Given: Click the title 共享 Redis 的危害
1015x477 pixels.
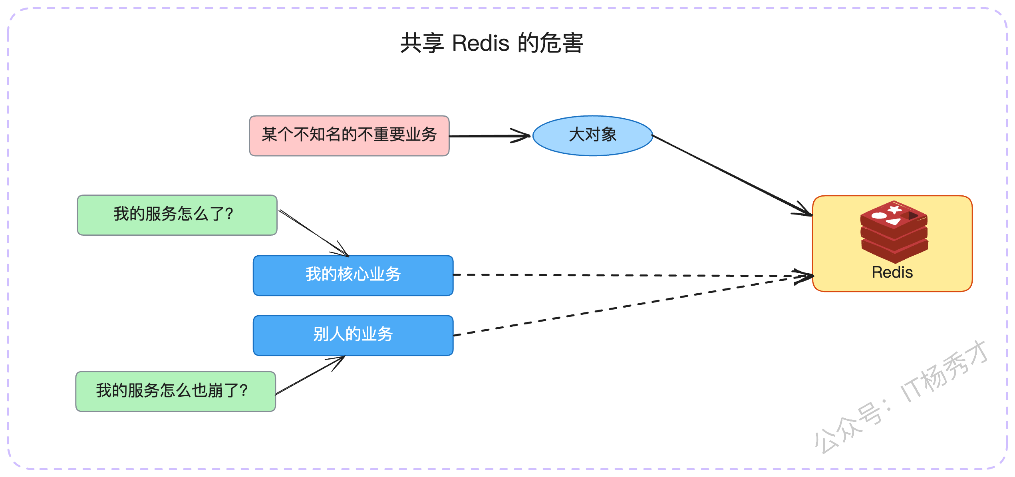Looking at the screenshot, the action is [492, 43].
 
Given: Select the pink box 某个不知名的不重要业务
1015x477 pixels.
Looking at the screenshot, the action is [349, 136].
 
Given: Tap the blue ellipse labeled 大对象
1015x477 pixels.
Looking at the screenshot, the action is [593, 135].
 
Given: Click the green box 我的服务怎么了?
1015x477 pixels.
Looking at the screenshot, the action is [177, 215].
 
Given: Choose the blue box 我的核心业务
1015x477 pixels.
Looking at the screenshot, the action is [353, 275].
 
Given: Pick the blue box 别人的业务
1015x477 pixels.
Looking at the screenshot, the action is [353, 335].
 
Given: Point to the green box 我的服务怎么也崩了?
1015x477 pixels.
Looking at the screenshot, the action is [176, 391].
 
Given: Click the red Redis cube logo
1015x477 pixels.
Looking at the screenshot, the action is [894, 232].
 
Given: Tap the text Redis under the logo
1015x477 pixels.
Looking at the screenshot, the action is [892, 272].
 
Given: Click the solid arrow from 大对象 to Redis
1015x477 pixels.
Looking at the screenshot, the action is [732, 175].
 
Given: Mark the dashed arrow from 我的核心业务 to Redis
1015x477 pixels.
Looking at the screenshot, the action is [634, 275].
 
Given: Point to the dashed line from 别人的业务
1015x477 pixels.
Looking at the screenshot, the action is [634, 306].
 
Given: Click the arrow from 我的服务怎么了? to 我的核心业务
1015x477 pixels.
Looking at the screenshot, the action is [314, 233].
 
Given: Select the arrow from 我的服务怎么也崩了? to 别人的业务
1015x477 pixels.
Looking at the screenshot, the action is [310, 375].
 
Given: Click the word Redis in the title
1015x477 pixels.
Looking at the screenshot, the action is [481, 43].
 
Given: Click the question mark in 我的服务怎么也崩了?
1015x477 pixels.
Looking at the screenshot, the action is [243, 391].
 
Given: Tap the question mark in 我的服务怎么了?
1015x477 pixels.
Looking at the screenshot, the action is [229, 215].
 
